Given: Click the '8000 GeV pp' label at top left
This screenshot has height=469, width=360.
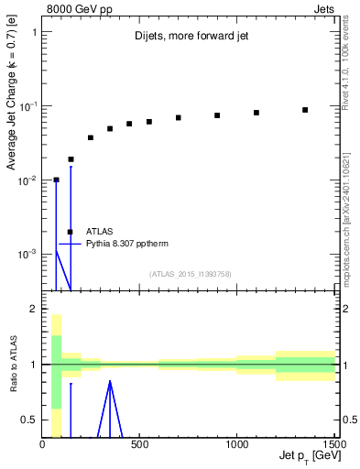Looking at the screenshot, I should (72, 8).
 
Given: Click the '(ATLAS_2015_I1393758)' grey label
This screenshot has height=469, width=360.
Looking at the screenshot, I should (190, 274).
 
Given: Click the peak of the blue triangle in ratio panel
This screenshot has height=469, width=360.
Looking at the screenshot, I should (110, 381).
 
